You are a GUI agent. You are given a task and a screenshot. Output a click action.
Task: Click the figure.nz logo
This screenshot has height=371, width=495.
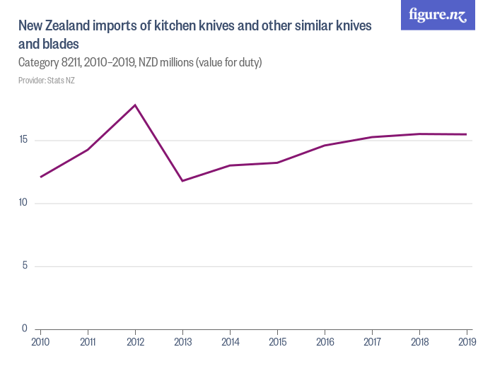(x=438, y=16)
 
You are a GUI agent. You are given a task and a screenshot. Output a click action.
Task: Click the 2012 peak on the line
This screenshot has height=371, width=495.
(x=135, y=105)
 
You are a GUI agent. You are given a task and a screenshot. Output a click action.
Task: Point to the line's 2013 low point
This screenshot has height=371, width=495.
(x=182, y=181)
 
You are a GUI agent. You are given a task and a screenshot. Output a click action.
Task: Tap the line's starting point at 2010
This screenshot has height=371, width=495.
(x=40, y=177)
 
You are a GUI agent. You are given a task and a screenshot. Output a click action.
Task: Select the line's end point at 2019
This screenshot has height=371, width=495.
(x=467, y=134)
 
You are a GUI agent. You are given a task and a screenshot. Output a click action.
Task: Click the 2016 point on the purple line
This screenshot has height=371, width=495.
(x=325, y=146)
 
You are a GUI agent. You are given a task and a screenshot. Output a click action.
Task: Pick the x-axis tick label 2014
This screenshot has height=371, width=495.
(x=230, y=343)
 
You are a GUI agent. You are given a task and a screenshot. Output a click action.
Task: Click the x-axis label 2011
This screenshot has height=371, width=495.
(x=88, y=343)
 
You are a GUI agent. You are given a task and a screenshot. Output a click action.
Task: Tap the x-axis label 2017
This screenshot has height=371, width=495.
(x=372, y=343)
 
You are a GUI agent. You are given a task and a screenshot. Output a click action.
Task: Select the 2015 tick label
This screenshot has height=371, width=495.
(x=277, y=343)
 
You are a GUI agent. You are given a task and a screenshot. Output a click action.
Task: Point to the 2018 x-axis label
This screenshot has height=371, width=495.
(x=419, y=343)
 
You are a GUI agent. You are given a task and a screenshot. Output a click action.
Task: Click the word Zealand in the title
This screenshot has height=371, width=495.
(x=72, y=26)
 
